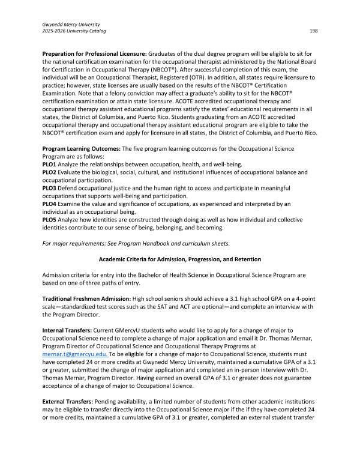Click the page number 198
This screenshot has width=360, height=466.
313,30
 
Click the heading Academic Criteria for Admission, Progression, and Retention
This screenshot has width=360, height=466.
179,259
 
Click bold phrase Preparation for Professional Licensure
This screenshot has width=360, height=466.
94,55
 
